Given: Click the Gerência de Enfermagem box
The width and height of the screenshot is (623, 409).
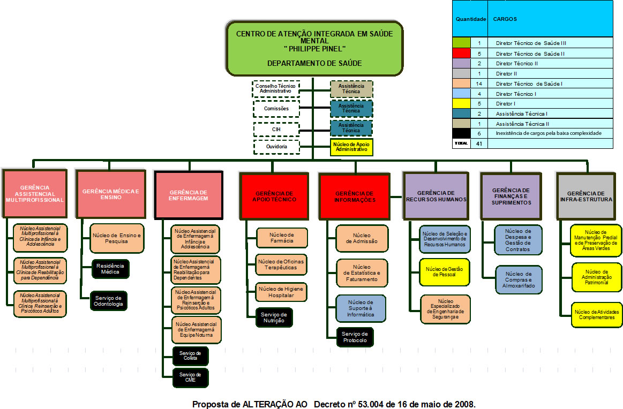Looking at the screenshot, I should (189, 195).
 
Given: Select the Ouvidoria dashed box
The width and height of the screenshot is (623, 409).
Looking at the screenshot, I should (276, 147).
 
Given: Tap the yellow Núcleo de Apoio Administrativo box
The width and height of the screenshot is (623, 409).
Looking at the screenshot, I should (351, 147).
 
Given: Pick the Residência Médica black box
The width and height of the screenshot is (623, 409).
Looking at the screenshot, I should (110, 269).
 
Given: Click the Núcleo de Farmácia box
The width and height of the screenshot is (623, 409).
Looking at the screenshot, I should (282, 238).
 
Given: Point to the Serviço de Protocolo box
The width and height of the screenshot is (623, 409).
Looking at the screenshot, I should (355, 337).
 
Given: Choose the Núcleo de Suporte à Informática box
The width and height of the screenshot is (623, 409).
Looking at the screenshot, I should (362, 308).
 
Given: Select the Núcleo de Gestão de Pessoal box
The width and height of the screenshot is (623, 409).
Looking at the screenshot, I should (445, 272).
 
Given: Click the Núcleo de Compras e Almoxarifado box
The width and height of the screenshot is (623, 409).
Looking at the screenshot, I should (518, 279).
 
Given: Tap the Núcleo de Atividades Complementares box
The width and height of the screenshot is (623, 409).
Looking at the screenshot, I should (597, 314).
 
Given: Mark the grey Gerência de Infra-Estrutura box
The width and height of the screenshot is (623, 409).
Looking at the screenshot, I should (589, 196).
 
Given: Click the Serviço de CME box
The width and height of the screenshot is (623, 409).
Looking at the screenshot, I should (190, 377).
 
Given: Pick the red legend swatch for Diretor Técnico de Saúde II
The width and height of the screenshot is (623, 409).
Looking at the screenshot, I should (461, 54).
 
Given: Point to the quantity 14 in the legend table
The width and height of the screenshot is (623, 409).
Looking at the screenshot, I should (479, 84).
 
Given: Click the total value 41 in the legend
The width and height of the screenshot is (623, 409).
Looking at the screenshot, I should (479, 143).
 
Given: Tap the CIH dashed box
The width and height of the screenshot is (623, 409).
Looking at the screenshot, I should (276, 129).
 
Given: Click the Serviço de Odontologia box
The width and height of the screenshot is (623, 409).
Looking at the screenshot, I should (109, 301).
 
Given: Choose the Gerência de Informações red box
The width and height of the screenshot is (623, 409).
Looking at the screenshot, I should (354, 196).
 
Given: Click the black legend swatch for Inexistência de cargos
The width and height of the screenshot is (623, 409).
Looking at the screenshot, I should (461, 133).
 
